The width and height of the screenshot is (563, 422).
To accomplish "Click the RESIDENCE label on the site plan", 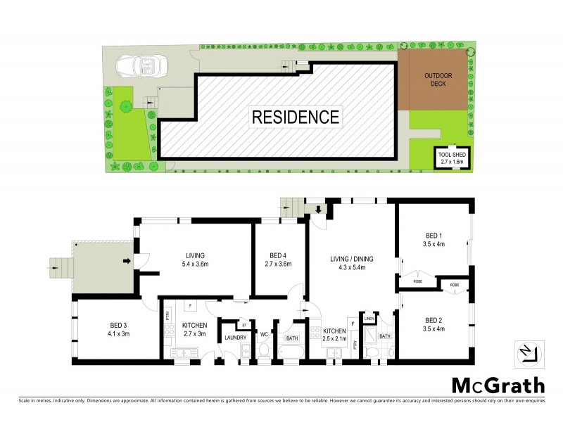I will (x=296, y=116).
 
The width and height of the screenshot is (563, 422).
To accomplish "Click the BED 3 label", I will (x=119, y=325).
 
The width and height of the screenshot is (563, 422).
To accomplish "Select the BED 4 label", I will (x=279, y=255).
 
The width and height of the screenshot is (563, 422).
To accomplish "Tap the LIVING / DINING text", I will (x=352, y=259).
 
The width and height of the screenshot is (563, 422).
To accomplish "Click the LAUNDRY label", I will (x=234, y=338).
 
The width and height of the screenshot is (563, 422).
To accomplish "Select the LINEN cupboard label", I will (x=369, y=319).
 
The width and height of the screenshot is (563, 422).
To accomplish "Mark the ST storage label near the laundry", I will (x=243, y=324).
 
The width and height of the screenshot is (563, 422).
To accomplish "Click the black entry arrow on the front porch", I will (x=127, y=262).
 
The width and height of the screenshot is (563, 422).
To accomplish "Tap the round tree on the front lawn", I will (x=125, y=107).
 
